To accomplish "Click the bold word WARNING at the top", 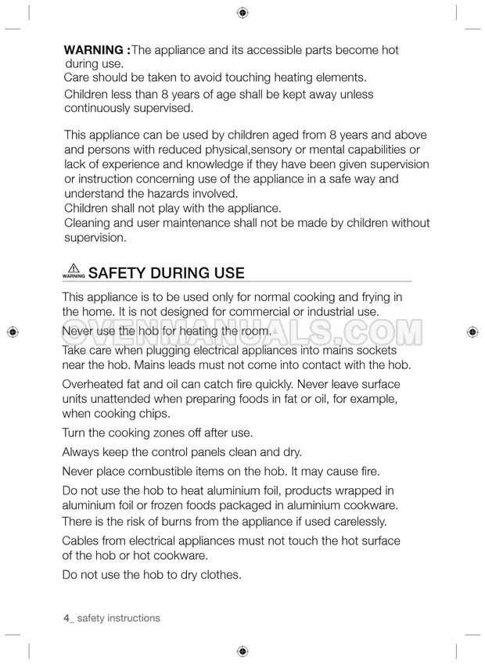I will [x=94, y=50].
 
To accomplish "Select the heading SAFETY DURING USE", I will [x=167, y=273].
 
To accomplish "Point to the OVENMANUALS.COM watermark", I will [x=242, y=332].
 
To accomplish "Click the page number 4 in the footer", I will [x=66, y=618].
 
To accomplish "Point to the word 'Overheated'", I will [x=95, y=384].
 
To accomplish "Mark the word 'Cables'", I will [x=81, y=541].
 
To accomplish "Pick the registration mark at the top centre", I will [x=242, y=13].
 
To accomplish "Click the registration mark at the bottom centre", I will [x=242, y=651].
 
